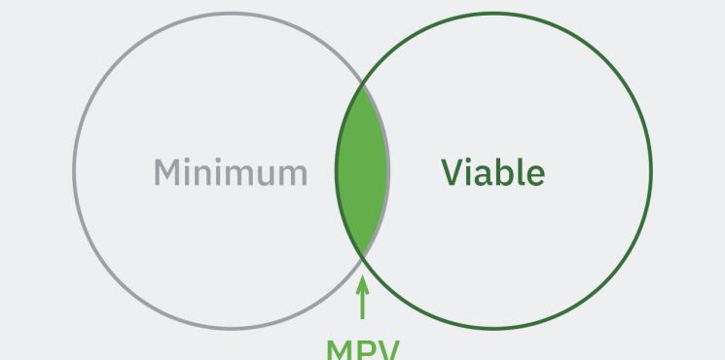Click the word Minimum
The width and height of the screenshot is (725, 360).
coord(230,172)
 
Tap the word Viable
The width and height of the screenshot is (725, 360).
coord(492,172)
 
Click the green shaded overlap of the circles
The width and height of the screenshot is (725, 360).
coord(362,171)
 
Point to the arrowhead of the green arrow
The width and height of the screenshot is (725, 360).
coord(363,283)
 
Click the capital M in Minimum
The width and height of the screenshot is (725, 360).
coord(168,172)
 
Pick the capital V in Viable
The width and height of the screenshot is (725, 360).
coord(454,172)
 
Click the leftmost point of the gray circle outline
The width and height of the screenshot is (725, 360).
coord(74,171)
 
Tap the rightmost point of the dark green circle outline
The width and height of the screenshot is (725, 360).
coord(651,171)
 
